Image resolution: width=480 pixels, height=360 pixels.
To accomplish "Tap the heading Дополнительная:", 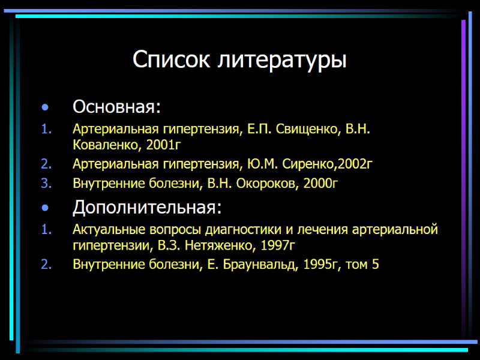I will (147, 208).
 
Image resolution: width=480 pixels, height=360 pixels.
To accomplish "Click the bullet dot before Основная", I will (44, 108).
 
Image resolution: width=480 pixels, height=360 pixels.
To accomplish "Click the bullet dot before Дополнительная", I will (44, 209).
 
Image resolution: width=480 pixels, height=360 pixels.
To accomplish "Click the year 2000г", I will (321, 183).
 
